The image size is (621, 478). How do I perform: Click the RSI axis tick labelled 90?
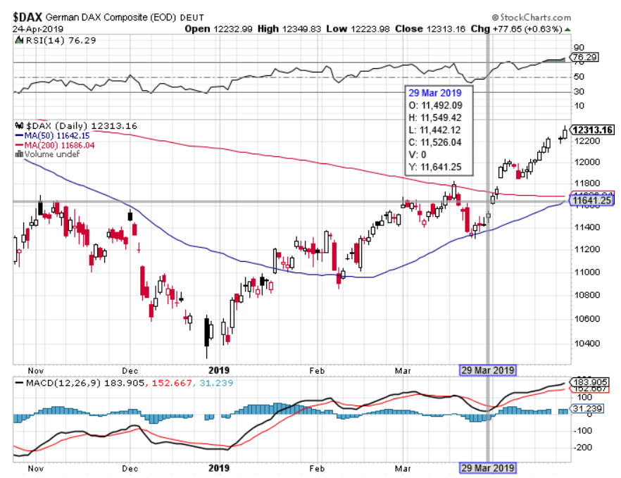click(579, 46)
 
